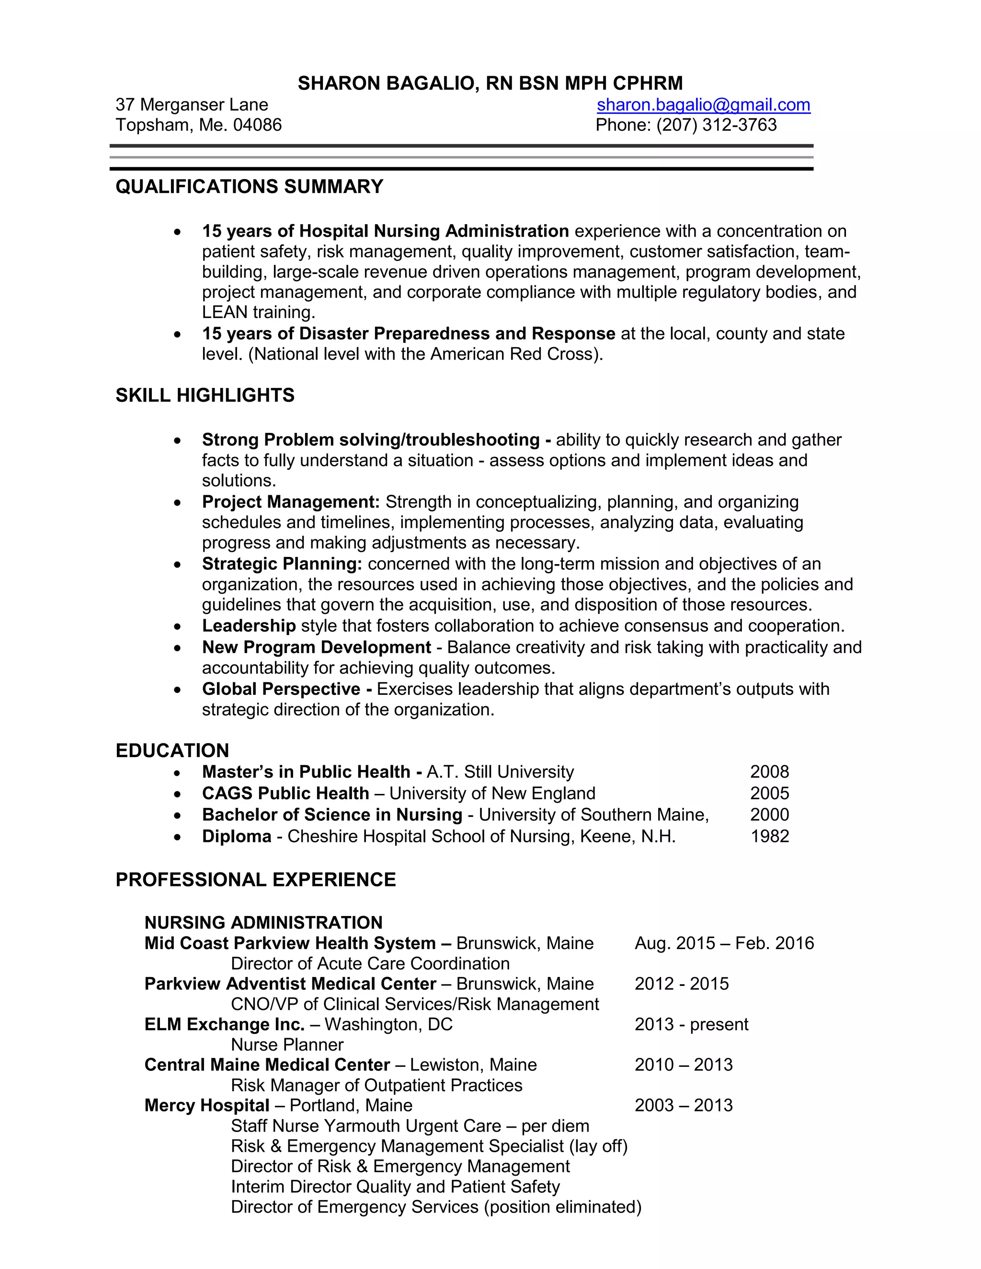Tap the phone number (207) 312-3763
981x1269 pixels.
click(716, 125)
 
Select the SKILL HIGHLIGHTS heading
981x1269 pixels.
click(205, 395)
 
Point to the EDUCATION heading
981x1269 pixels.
click(172, 751)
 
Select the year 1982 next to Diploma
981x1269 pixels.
click(769, 836)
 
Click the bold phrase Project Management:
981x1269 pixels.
click(291, 502)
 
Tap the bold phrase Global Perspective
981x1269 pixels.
click(281, 689)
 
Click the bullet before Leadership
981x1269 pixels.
click(177, 626)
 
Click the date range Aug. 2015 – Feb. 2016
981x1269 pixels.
click(724, 943)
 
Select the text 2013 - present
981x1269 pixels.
click(691, 1024)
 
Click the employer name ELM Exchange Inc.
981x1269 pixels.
click(224, 1024)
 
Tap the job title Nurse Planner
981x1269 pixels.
click(287, 1045)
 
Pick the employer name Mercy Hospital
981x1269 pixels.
click(206, 1105)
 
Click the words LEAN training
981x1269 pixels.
click(258, 313)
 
